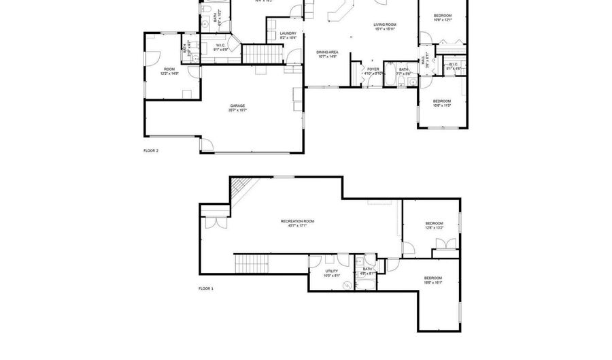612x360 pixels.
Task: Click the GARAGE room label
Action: tap(237, 105)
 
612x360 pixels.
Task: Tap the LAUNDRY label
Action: tap(288, 33)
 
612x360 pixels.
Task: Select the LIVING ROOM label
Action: tap(385, 25)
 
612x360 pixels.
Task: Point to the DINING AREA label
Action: tap(328, 52)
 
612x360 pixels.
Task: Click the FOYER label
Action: tap(373, 69)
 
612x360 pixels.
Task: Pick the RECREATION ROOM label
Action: tap(298, 221)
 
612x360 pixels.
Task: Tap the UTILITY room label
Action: tap(331, 271)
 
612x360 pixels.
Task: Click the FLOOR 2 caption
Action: tap(151, 150)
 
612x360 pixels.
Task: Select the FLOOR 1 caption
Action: tap(206, 289)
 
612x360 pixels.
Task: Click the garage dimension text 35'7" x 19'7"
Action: tap(237, 110)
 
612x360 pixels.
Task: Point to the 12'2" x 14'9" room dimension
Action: tap(169, 73)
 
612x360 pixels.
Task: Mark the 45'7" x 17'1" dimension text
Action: tap(298, 226)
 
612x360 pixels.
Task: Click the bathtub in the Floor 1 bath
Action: tap(368, 286)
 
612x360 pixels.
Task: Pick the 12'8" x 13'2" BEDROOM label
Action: tap(435, 223)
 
